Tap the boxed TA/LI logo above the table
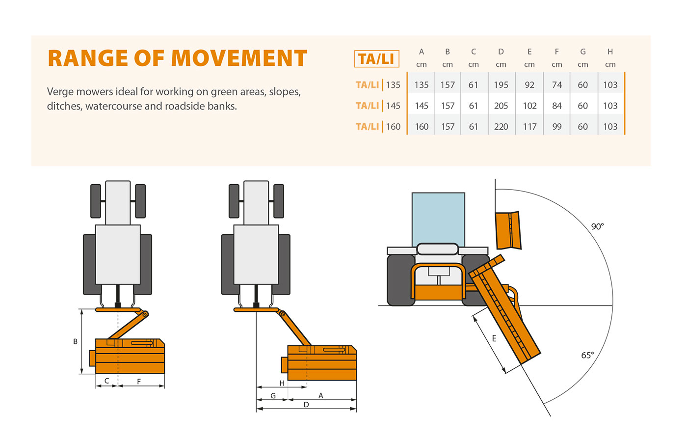[376, 59]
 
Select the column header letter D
[501, 52]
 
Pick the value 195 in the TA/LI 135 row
[501, 85]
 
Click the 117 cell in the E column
[529, 127]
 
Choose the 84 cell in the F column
[556, 106]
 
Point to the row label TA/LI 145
[378, 106]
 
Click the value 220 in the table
[501, 127]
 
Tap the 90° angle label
[597, 226]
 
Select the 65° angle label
[587, 355]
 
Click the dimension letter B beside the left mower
[75, 341]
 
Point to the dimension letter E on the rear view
[494, 338]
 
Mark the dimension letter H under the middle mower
[282, 383]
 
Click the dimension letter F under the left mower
[139, 381]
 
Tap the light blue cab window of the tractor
[438, 219]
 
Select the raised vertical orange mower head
[507, 230]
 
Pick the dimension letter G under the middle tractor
[273, 395]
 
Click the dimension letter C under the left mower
[106, 381]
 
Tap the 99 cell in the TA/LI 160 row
[556, 127]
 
